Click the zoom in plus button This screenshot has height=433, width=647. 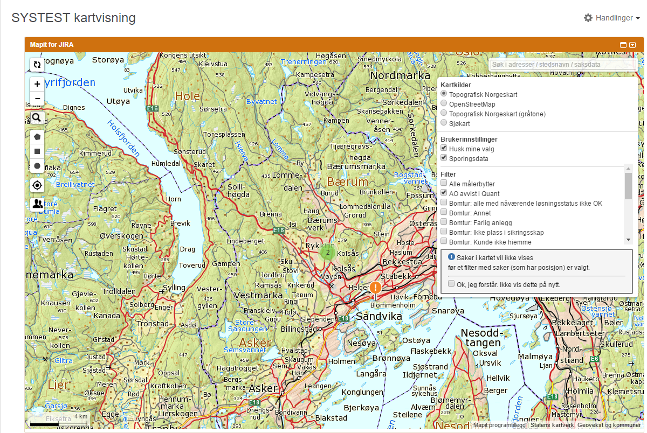click(x=37, y=84)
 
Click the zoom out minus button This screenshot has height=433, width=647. click(x=37, y=99)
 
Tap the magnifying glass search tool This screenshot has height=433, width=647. click(x=37, y=117)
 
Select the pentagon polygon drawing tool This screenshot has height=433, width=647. click(x=37, y=137)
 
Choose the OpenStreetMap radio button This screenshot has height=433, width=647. click(x=444, y=104)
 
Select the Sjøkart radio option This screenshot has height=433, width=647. click(x=444, y=123)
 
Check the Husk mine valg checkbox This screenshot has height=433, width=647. click(x=444, y=149)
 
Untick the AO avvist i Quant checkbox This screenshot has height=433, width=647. click(x=444, y=193)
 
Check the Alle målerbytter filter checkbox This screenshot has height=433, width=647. click(x=444, y=184)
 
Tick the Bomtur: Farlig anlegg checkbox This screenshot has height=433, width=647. click(x=444, y=222)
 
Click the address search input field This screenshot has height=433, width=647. click(x=562, y=65)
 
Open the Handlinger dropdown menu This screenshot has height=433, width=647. click(x=612, y=18)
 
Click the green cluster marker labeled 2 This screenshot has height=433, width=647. click(x=327, y=252)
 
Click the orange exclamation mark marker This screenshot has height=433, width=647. click(x=376, y=288)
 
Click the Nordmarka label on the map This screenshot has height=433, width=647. click(x=400, y=76)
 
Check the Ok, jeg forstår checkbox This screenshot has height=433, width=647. click(x=452, y=284)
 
